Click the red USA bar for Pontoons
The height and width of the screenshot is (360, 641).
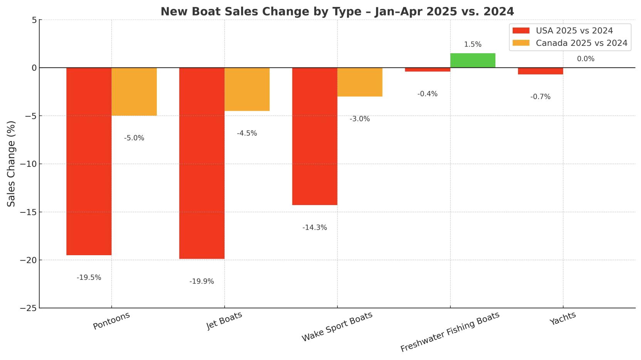[89, 161]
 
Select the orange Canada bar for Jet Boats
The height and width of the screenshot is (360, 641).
[247, 89]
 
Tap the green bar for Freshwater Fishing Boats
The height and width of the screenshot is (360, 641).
[473, 61]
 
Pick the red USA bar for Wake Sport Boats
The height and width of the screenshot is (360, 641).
[315, 136]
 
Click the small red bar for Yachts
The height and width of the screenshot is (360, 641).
[540, 71]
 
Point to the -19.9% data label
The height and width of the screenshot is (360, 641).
[201, 281]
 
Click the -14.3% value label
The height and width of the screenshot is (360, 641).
[315, 227]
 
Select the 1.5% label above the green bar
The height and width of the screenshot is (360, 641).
[473, 44]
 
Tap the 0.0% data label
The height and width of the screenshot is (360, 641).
[586, 59]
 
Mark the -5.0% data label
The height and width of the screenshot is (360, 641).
[134, 138]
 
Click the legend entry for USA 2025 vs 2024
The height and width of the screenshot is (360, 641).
[574, 30]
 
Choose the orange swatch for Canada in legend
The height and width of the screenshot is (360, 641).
[521, 43]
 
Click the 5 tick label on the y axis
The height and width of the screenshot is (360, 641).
[34, 20]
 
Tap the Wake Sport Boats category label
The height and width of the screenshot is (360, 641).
[337, 326]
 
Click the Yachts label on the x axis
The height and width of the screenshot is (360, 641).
[563, 318]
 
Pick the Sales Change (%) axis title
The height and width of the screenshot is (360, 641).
[12, 163]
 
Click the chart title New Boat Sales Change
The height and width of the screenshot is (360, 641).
[337, 12]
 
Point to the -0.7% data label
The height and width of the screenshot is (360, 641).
[540, 97]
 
